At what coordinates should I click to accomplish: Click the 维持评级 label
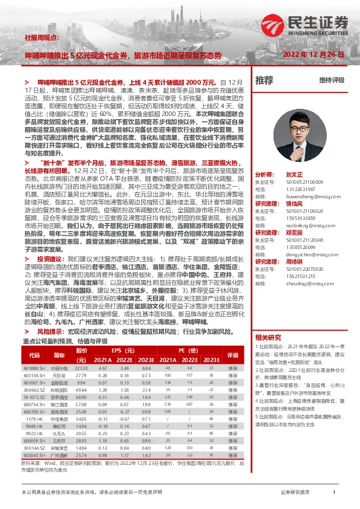pos(332,80)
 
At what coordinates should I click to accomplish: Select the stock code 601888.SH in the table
pos(35,368)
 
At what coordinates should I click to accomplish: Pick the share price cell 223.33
pos(81,368)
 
